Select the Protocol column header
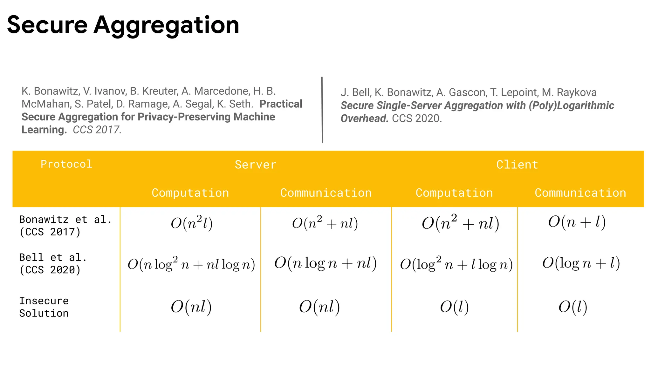coord(66,164)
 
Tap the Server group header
coord(256,165)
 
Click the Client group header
coord(517,165)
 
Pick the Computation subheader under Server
coord(190,193)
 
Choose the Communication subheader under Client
coord(580,193)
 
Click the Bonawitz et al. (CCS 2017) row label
coord(65,226)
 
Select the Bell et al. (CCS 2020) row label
coord(53,263)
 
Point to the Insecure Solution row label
coord(44,307)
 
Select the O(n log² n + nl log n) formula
coord(191,264)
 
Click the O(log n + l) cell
coord(581,263)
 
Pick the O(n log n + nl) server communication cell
coord(325,263)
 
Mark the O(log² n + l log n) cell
coord(456,264)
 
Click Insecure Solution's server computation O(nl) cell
coord(191,307)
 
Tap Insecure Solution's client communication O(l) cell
coord(573,307)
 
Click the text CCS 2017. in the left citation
coord(97,130)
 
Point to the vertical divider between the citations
coord(322,110)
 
